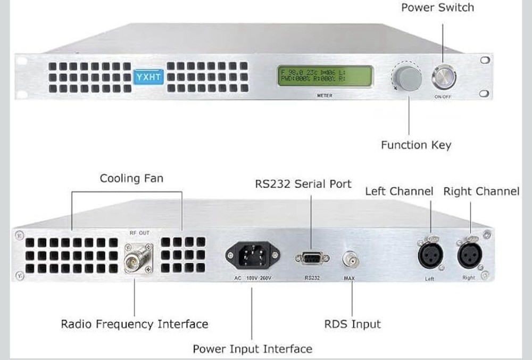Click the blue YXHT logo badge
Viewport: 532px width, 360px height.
tap(148, 77)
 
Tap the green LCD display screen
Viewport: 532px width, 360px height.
tap(316, 76)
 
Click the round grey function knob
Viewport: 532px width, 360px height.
tap(409, 79)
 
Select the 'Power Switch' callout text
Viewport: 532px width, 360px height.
tap(437, 7)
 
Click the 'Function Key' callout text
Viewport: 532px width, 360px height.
tap(415, 145)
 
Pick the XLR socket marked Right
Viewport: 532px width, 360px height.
tap(469, 256)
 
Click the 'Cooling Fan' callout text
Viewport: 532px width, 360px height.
tap(131, 178)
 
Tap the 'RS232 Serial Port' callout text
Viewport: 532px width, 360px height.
tap(303, 184)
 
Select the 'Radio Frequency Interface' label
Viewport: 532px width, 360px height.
tap(134, 324)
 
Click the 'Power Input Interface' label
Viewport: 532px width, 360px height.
tap(252, 349)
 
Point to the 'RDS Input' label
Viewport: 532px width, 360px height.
tap(352, 324)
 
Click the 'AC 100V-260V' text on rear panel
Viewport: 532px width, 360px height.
tap(250, 278)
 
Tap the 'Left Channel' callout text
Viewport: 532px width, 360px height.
tap(399, 191)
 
